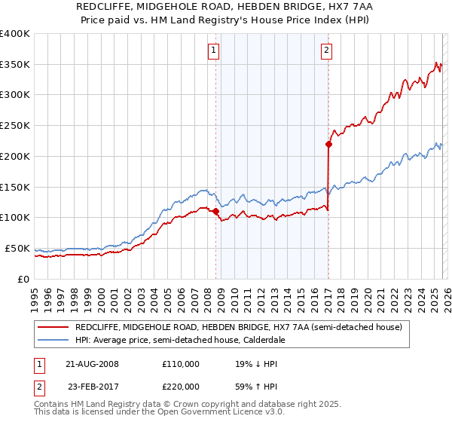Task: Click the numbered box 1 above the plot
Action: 214,51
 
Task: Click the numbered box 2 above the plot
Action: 326,51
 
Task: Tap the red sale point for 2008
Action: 216,211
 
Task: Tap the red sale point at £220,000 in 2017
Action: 329,143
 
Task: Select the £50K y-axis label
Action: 17,248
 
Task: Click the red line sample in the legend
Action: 53,328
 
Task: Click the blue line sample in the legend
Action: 53,341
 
